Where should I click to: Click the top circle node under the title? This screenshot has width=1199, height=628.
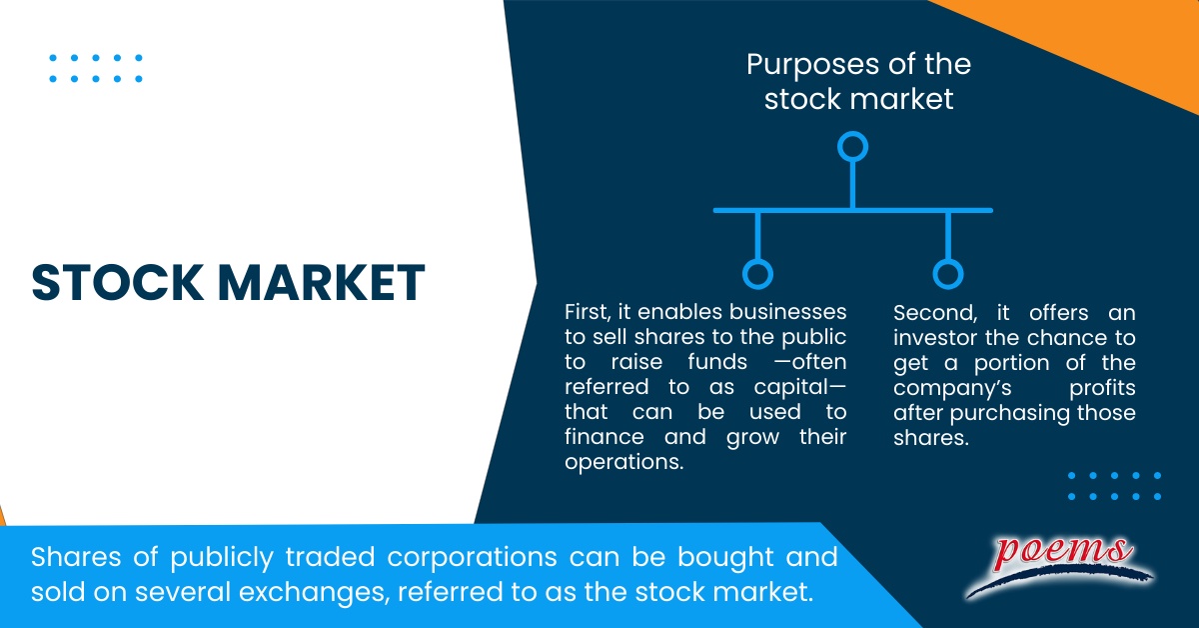pos(852,148)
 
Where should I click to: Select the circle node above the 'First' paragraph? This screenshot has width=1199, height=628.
pos(758,274)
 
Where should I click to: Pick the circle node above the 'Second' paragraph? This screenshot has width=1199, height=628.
pos(947,274)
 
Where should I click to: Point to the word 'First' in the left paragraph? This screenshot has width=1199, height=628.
pos(585,311)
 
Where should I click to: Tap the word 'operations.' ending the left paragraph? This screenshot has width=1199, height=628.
pos(615,462)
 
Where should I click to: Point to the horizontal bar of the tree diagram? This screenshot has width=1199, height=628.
pos(852,210)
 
